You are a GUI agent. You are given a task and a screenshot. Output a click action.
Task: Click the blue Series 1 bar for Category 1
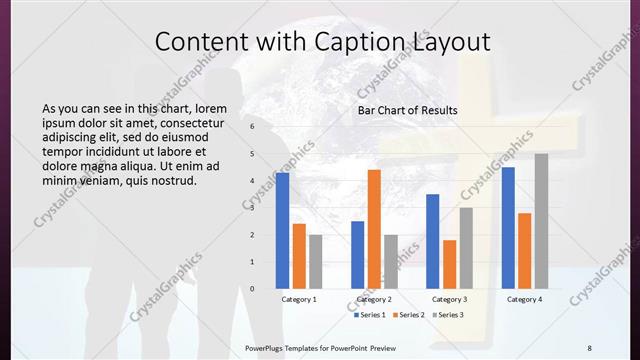pos(283,230)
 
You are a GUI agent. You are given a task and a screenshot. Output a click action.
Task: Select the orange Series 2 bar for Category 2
pos(374,229)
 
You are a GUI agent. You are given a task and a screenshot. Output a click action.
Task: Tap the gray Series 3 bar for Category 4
pos(541,221)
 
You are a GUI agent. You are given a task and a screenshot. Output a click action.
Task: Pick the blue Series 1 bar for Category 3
pos(433,241)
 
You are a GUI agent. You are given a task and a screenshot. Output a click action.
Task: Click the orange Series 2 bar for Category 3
pos(449,264)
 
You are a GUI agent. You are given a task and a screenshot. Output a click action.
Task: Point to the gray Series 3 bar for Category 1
pos(315,261)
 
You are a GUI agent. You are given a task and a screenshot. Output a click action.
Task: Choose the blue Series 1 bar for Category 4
pos(508,228)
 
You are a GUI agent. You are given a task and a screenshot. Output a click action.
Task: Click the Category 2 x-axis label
pos(374,299)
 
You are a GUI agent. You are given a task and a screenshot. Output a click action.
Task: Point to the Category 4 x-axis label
pos(524,299)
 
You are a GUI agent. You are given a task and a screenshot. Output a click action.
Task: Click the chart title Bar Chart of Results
pos(408,110)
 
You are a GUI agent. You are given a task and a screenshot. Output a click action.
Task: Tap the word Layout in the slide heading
pos(451,42)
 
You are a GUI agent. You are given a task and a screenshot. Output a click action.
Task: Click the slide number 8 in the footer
pos(589,347)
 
